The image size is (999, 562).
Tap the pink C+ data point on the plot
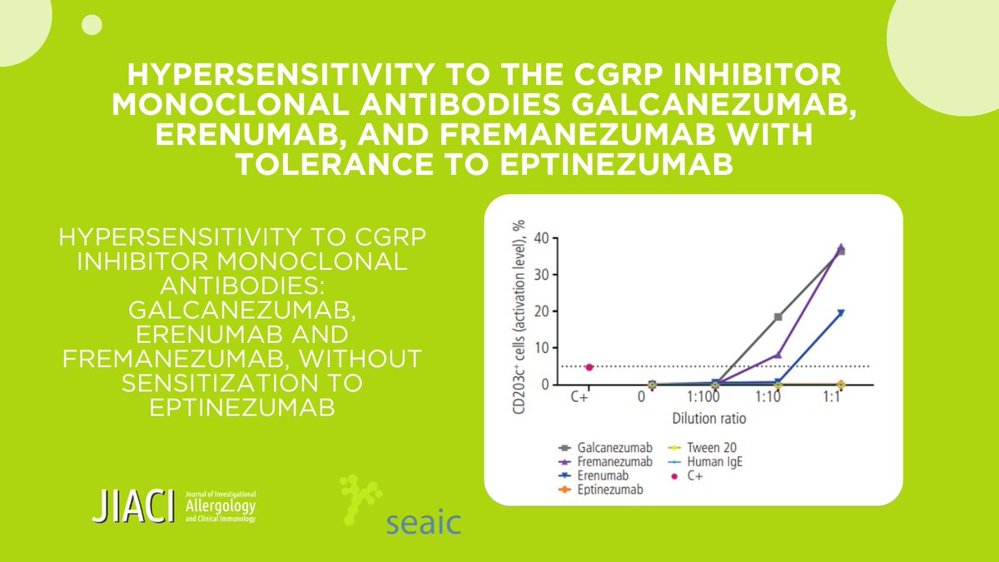589,367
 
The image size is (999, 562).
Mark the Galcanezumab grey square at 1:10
778,317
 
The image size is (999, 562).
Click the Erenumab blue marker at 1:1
841,313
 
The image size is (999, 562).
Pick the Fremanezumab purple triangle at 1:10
778,355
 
